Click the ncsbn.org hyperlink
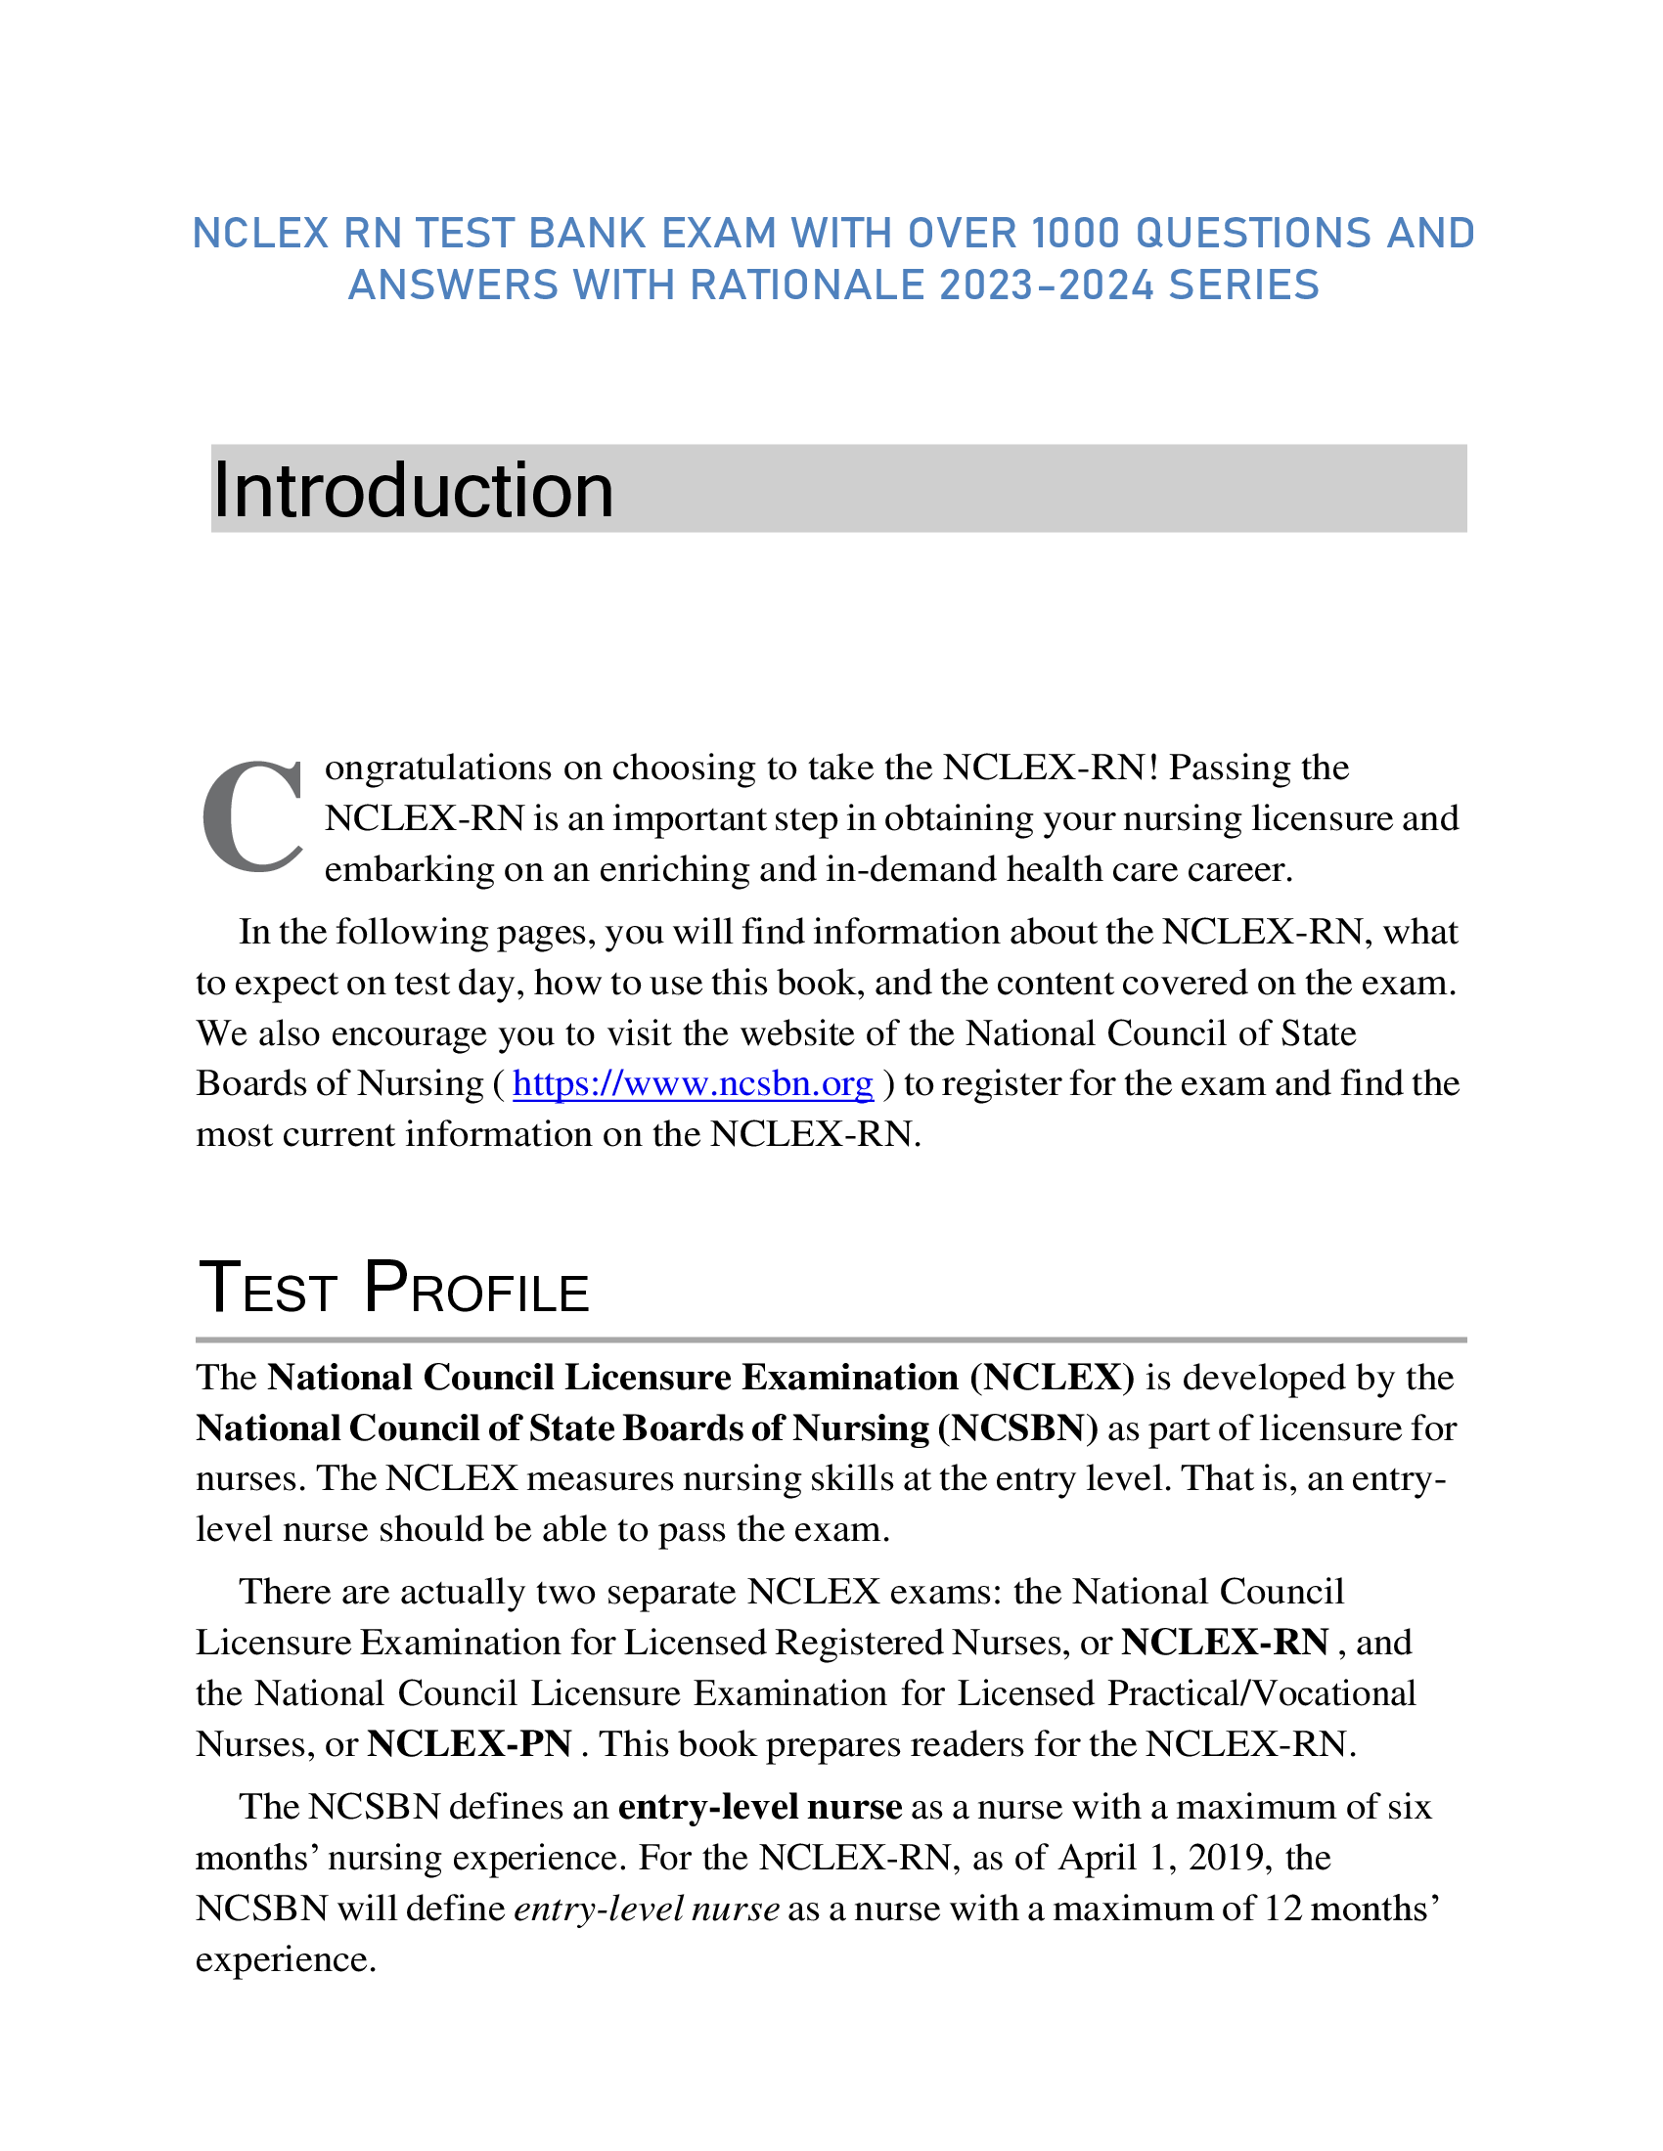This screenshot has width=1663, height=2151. point(693,1083)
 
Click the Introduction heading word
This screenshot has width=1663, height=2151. point(413,490)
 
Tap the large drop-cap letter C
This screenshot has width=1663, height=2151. point(252,817)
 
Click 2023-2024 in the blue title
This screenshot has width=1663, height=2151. point(1047,285)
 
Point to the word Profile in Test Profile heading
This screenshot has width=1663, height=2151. point(476,1290)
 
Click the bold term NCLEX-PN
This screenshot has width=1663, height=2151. point(469,1744)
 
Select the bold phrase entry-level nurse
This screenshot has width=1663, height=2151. point(759,1807)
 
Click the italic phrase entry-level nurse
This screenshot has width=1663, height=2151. point(647,1909)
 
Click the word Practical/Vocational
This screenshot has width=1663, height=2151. point(1261,1693)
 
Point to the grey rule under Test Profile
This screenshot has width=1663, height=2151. point(831,1339)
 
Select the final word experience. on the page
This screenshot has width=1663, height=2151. point(286,1960)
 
